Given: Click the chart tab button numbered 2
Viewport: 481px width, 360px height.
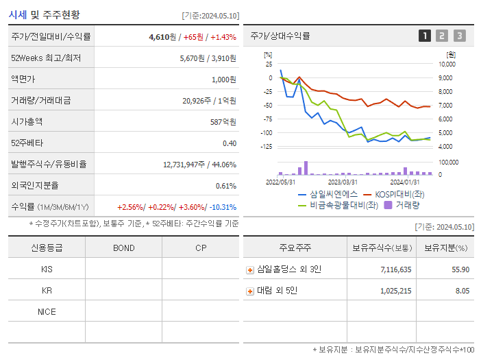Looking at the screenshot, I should click(x=442, y=36).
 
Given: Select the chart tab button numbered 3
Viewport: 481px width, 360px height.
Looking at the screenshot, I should click(x=459, y=36).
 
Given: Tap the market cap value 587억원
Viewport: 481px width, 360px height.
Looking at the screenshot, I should click(x=223, y=121).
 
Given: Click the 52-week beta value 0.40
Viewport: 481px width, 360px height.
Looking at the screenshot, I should click(x=229, y=143).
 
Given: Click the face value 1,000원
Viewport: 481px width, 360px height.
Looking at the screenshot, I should click(x=223, y=79).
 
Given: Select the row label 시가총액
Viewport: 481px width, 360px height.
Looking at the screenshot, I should click(x=27, y=121).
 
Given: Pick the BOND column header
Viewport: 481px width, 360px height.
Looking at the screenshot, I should click(x=123, y=248).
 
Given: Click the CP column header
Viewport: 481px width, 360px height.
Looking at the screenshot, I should click(x=200, y=248).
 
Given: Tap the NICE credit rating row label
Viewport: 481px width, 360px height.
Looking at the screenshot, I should click(x=47, y=311).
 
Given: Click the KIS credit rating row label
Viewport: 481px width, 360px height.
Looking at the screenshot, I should click(x=47, y=269).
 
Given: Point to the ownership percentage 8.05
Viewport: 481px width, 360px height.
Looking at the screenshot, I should click(x=462, y=291).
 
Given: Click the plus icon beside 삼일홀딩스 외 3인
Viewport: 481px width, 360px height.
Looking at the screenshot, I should click(x=250, y=269).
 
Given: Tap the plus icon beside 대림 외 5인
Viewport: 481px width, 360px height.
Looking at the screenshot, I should click(x=250, y=291).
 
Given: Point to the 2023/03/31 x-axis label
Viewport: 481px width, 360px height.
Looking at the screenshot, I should click(x=343, y=182).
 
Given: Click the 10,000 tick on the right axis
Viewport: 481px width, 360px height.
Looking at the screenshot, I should click(x=446, y=64).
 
